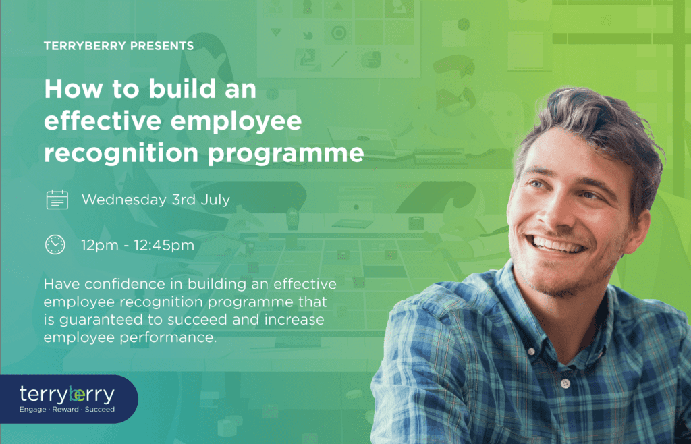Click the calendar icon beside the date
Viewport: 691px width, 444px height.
[57, 200]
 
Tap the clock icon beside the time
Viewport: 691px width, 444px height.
[55, 244]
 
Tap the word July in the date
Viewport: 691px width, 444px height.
[215, 200]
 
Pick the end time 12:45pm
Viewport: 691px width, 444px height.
[165, 246]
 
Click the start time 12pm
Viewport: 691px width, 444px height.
[100, 246]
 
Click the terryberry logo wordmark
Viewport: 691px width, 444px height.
[67, 395]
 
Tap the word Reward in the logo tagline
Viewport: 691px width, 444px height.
[65, 410]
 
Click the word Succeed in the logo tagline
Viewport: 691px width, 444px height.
[100, 410]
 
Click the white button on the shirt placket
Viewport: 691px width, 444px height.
[565, 384]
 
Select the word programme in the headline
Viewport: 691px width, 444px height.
[285, 154]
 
